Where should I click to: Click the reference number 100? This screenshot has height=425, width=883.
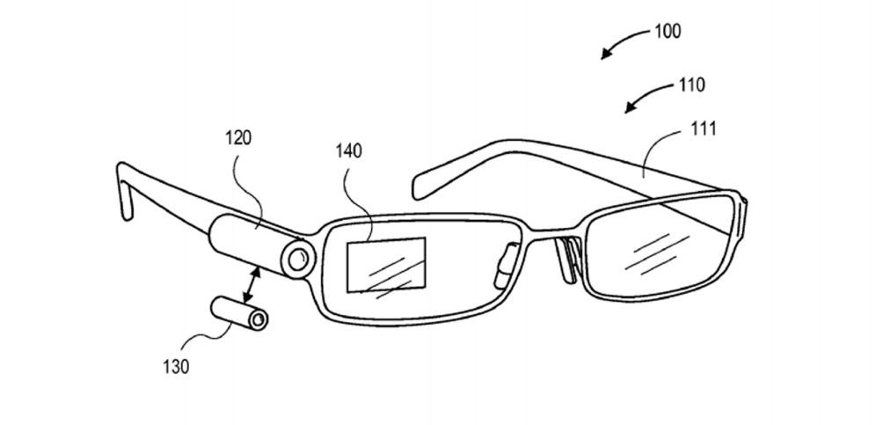[x=668, y=31]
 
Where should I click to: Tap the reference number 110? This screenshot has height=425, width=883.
[x=691, y=85]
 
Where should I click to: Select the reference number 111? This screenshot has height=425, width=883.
[x=704, y=128]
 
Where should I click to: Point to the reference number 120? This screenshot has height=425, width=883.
[x=238, y=138]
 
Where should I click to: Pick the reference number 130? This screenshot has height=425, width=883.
[x=176, y=367]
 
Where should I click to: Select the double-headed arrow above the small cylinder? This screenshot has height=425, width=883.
[x=252, y=288]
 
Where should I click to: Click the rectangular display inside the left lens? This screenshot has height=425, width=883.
[x=386, y=264]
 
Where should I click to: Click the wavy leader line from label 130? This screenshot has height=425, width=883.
[x=208, y=341]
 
